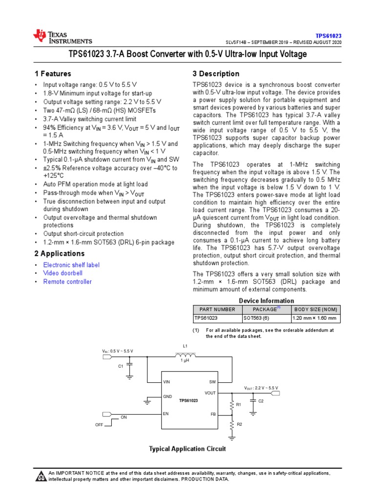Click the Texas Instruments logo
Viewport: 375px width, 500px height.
(x=62, y=36)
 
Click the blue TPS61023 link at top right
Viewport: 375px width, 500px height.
(x=328, y=36)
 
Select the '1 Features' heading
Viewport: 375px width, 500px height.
(x=53, y=74)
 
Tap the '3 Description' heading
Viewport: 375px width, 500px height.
(x=216, y=74)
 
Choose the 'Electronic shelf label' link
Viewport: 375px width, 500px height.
(x=71, y=265)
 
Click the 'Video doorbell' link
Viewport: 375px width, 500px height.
(x=63, y=273)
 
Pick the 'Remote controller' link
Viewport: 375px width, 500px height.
(x=67, y=282)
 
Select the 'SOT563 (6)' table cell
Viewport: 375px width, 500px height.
(x=256, y=318)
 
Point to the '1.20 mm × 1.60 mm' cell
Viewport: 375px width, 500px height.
(x=314, y=318)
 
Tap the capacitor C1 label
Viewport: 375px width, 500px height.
(x=121, y=366)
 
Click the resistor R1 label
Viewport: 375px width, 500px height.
(x=239, y=405)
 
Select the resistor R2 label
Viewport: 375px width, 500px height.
(x=239, y=424)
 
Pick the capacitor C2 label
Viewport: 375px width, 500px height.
(x=261, y=401)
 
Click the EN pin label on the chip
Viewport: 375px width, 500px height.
(x=166, y=414)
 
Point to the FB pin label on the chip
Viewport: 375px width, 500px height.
(x=213, y=414)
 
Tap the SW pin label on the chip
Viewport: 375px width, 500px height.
(x=212, y=381)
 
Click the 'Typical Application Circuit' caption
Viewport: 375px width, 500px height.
(x=187, y=449)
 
